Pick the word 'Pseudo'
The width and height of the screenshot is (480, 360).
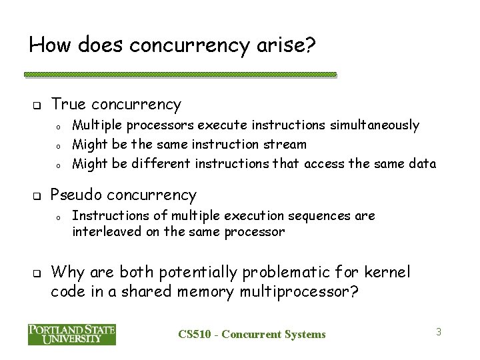coord(77,195)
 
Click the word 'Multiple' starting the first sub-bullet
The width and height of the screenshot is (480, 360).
coord(95,125)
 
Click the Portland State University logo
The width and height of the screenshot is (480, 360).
coord(72,334)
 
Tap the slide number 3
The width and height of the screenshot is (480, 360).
coord(439,331)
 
